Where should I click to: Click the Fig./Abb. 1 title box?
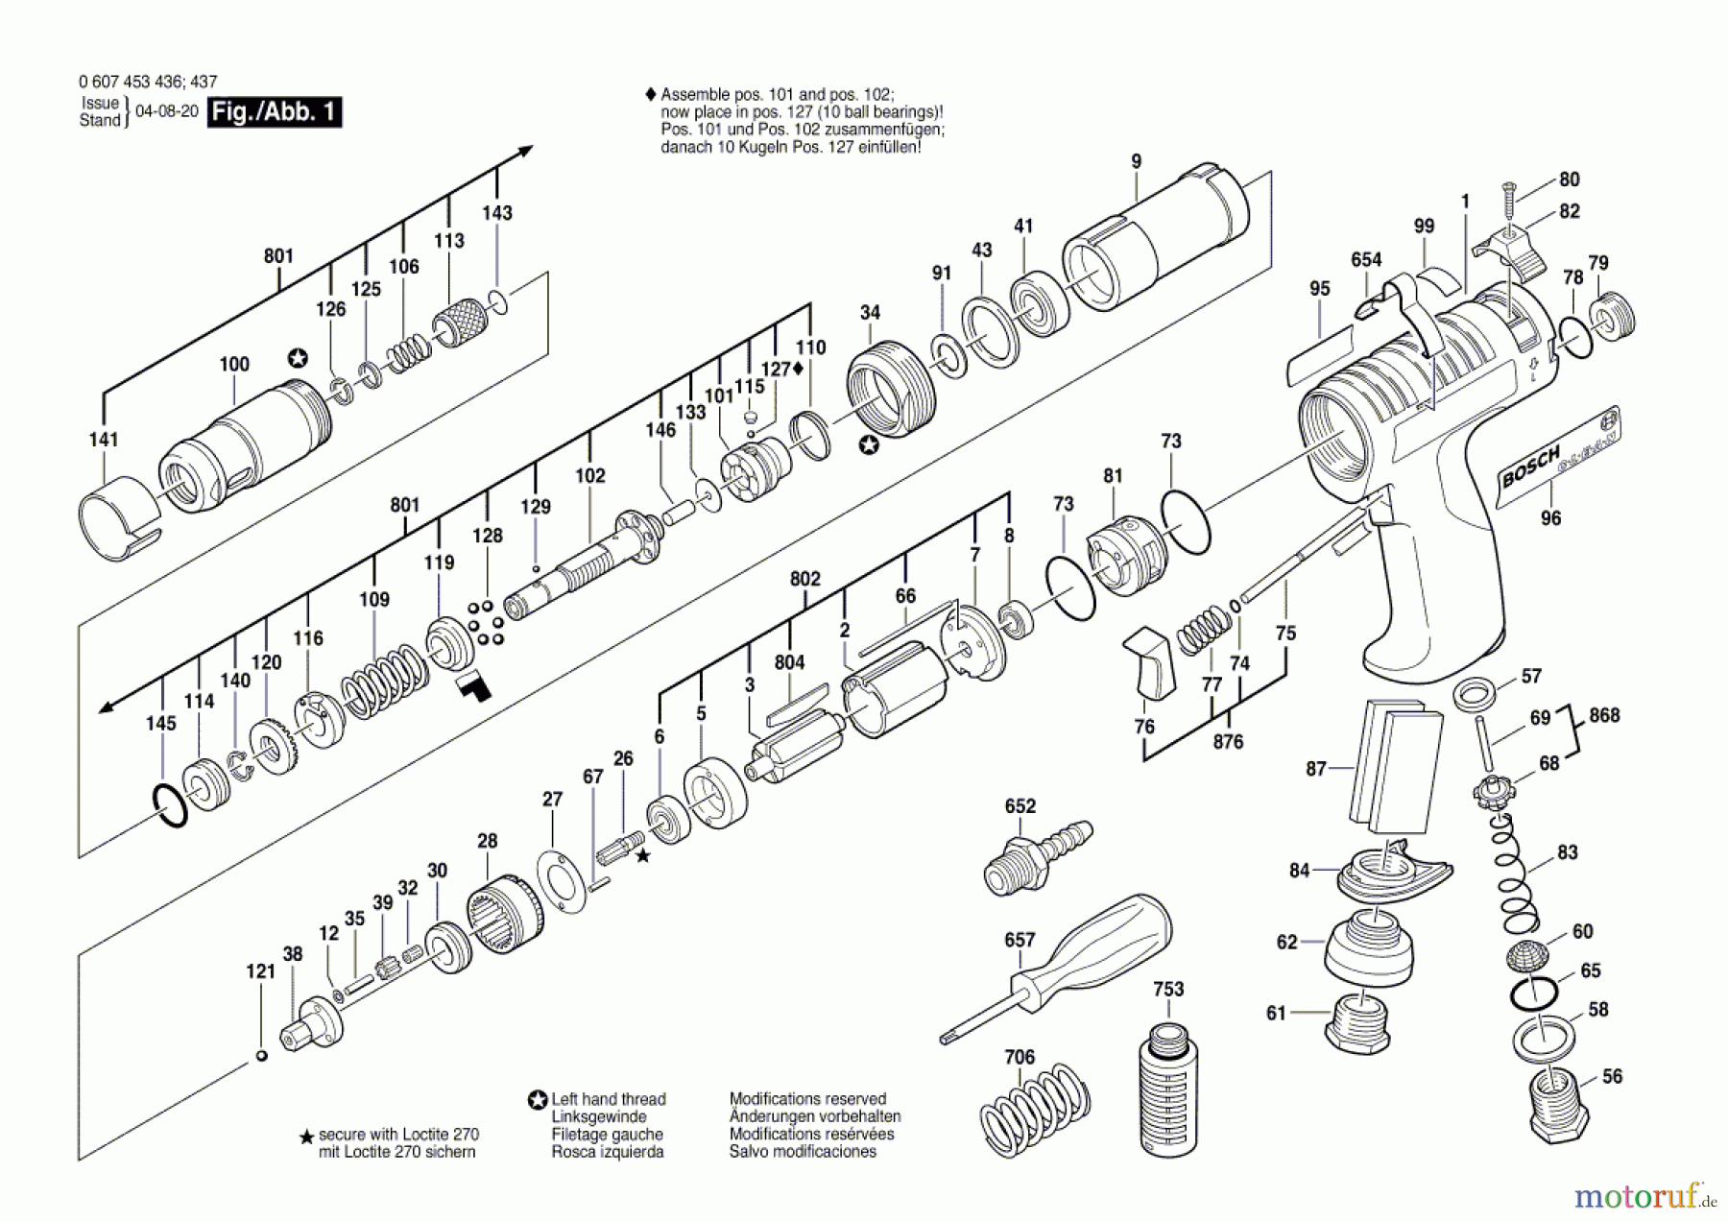click(275, 112)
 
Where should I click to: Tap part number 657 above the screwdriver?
click(1020, 940)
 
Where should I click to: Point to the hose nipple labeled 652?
click(1036, 853)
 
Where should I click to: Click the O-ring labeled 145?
click(169, 804)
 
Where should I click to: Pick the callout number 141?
click(104, 440)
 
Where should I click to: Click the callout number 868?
click(1604, 715)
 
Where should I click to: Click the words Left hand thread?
click(608, 1099)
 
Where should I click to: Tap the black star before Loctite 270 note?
click(307, 1137)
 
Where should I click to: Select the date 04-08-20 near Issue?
click(167, 111)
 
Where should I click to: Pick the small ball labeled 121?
click(261, 1056)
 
